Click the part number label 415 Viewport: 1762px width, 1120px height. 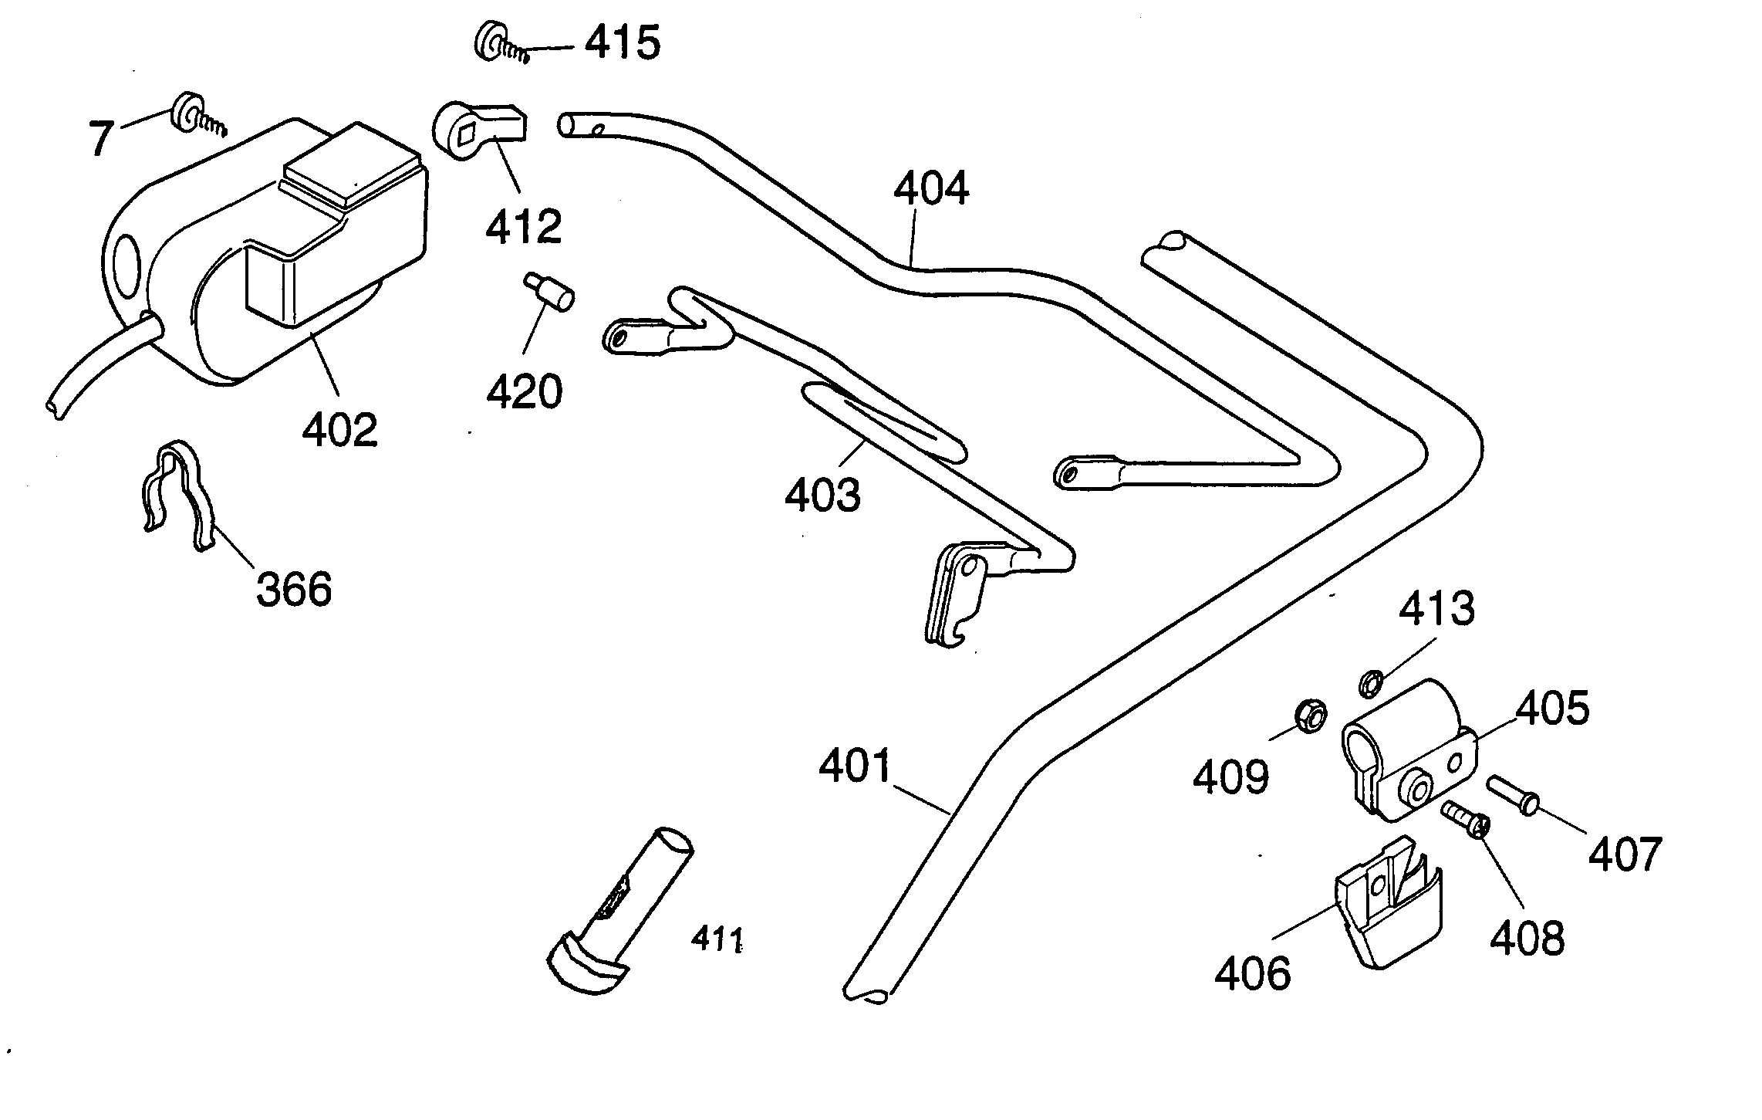[x=622, y=42]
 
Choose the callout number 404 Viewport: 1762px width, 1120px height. [x=931, y=189]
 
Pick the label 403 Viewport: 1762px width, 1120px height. [x=822, y=495]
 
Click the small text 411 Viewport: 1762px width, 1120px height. [x=716, y=939]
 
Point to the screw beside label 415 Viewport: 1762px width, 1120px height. [x=501, y=45]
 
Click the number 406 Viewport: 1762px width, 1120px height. [x=1252, y=973]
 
